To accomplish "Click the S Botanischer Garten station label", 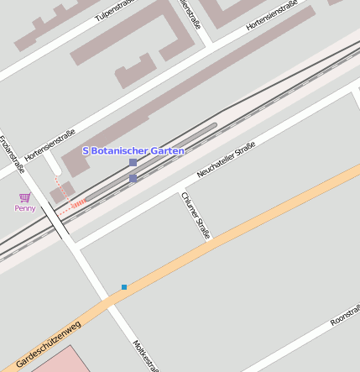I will pyautogui.click(x=133, y=150).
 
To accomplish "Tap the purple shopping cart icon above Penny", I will pyautogui.click(x=24, y=197).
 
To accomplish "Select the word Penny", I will pyautogui.click(x=25, y=208).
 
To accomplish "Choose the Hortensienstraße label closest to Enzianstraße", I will pyautogui.click(x=50, y=144).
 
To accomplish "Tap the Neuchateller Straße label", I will pyautogui.click(x=226, y=160).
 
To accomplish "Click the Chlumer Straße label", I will pyautogui.click(x=195, y=215).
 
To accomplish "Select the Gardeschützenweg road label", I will pyautogui.click(x=49, y=343).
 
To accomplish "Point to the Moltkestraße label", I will pyautogui.click(x=146, y=355).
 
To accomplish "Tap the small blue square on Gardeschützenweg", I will pyautogui.click(x=124, y=287).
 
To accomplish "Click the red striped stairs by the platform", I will pyautogui.click(x=78, y=202).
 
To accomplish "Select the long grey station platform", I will pyautogui.click(x=151, y=160).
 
